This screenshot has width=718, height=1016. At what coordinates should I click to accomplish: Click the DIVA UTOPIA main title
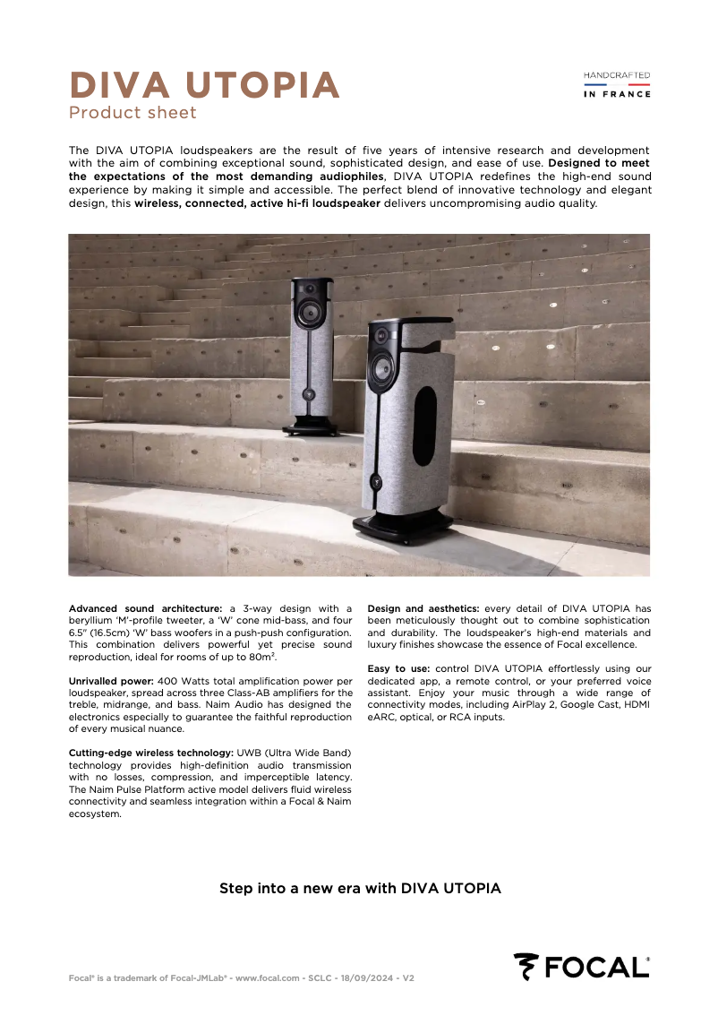(x=204, y=86)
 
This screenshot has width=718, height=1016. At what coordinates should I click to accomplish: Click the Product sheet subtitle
(x=132, y=113)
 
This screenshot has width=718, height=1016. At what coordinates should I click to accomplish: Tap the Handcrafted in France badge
(x=617, y=84)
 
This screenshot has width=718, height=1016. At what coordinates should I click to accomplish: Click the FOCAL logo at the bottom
(x=581, y=967)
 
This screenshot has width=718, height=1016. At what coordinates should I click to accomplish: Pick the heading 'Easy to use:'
(x=398, y=668)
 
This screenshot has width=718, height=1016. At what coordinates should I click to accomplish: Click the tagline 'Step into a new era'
(x=360, y=889)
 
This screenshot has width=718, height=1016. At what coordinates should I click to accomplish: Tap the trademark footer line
(x=241, y=978)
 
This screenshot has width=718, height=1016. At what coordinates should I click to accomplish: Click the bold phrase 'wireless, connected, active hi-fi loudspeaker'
(x=258, y=203)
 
